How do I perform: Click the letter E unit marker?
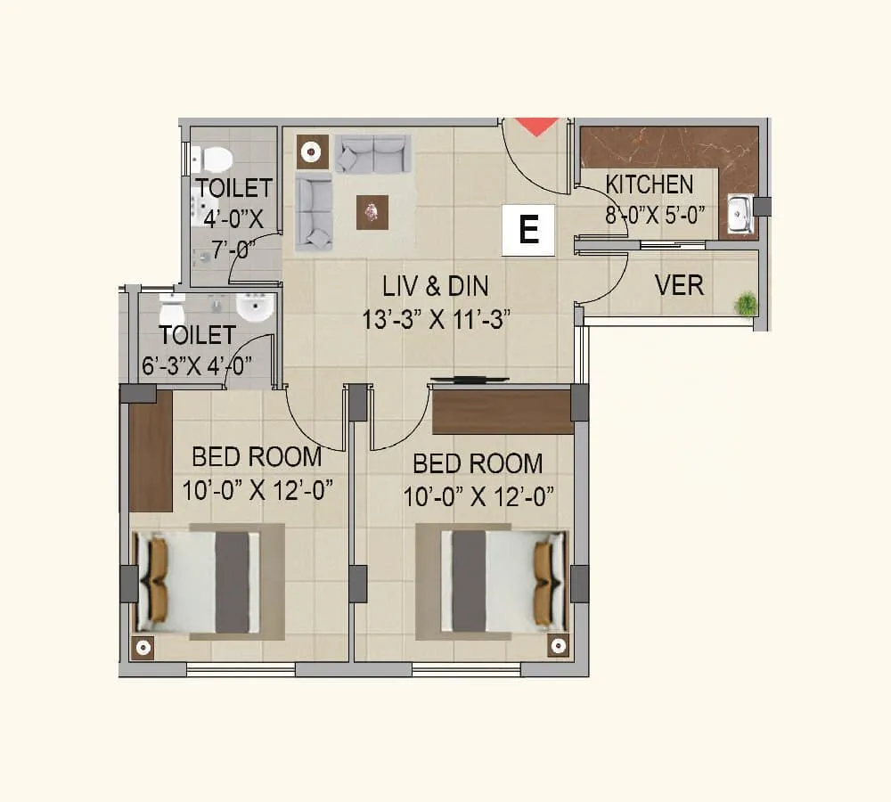click(x=528, y=230)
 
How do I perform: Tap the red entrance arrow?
click(x=537, y=126)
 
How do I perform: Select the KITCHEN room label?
click(x=649, y=184)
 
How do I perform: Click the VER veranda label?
click(x=679, y=285)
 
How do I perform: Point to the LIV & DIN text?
click(x=436, y=287)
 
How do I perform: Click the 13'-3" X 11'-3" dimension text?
click(x=436, y=319)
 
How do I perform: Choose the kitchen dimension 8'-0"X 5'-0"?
click(x=656, y=217)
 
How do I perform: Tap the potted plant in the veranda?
click(x=746, y=304)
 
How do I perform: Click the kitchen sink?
click(x=739, y=214)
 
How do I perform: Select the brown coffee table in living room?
click(x=372, y=212)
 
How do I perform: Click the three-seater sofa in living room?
click(x=372, y=154)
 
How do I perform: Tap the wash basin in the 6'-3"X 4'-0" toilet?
click(x=254, y=309)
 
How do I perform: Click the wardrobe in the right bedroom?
click(x=503, y=412)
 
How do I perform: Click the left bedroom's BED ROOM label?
click(x=257, y=457)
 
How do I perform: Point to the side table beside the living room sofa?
click(x=311, y=152)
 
